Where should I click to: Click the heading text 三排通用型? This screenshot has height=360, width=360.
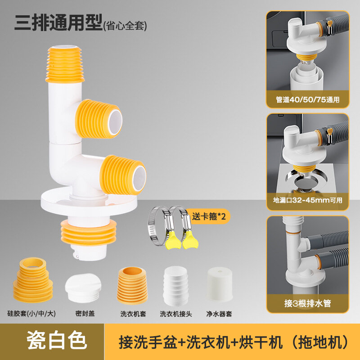(58, 23)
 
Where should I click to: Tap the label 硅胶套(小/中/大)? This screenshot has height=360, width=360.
(31, 313)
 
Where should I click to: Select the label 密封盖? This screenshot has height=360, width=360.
(85, 313)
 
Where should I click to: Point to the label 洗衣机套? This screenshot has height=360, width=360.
(133, 314)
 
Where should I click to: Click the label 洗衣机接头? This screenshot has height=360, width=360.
(176, 314)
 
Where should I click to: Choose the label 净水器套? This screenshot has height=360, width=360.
(219, 314)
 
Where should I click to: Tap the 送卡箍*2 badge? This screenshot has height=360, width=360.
(209, 216)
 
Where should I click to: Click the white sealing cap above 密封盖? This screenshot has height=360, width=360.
(83, 288)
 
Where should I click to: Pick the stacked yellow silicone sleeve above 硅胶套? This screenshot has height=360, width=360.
(33, 279)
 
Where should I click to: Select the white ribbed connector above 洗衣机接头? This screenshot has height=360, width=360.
(176, 286)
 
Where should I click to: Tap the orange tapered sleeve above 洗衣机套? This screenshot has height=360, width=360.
(132, 285)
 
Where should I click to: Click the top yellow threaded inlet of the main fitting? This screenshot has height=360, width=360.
(65, 64)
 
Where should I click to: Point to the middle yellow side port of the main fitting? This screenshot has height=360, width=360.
(99, 119)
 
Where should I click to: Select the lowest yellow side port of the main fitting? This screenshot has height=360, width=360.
(123, 175)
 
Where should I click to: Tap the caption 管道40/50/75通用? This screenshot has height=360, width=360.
(308, 99)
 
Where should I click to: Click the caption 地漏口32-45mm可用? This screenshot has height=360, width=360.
(308, 200)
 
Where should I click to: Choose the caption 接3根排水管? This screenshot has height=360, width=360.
(308, 303)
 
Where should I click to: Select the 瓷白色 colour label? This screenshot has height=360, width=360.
(57, 341)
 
